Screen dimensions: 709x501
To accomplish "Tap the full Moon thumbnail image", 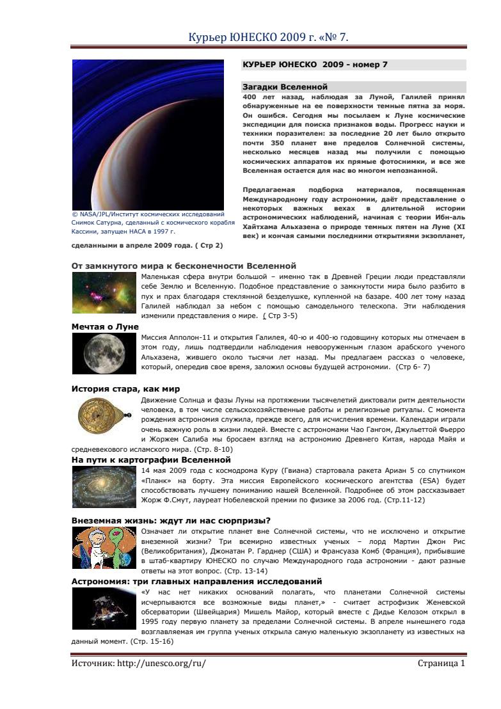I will coord(103,353).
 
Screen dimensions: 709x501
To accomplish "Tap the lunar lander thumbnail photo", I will coord(103,608).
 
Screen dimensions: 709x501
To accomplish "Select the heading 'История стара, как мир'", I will coord(125,388).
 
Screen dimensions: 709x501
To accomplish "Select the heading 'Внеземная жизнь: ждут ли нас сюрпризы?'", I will coord(170,520).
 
